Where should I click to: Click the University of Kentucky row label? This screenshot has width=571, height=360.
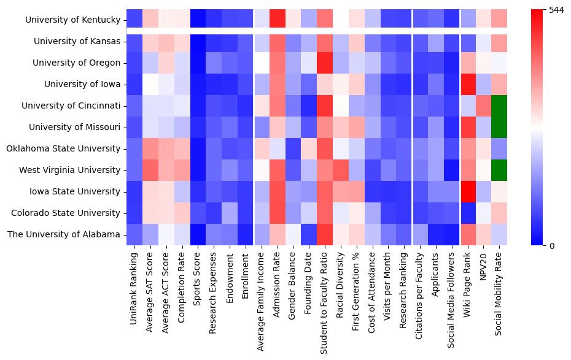(72, 20)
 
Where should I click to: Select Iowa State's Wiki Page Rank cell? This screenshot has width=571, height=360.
(468, 191)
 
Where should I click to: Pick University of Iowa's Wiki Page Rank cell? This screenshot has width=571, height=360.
(468, 84)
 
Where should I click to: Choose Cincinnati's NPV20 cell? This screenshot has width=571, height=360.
(484, 105)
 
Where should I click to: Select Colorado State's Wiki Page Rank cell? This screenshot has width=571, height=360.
(468, 213)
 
